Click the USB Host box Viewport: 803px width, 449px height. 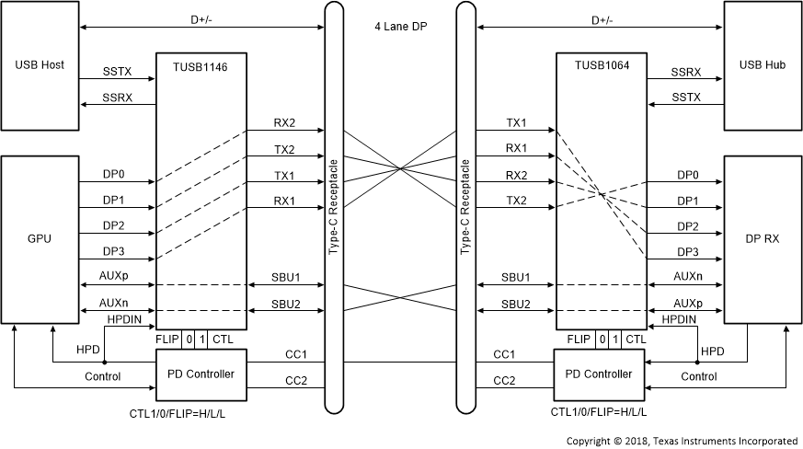coord(40,66)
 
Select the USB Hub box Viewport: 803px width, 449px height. coord(763,66)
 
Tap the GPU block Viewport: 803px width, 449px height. coord(40,239)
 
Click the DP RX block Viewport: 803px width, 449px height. coord(763,239)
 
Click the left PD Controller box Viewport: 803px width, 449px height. coord(201,374)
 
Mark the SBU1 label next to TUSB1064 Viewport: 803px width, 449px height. coord(515,277)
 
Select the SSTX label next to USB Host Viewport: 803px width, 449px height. coord(117,71)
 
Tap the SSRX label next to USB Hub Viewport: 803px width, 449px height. coord(686,71)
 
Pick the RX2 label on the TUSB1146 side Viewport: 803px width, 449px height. coord(285,122)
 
